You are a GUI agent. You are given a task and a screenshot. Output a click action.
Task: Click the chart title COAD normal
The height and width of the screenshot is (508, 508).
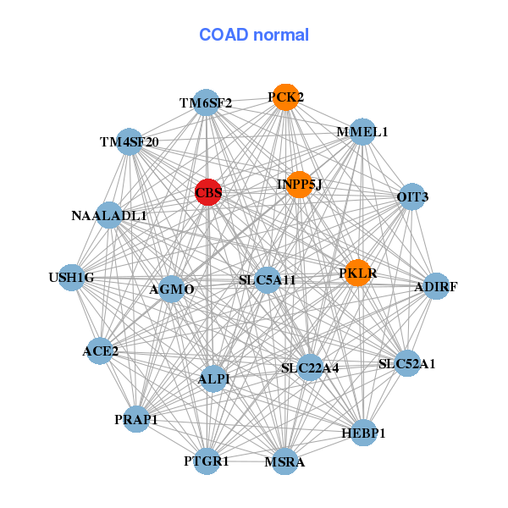(x=254, y=35)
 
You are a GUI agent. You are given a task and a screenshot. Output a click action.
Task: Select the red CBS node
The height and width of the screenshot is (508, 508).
(x=208, y=192)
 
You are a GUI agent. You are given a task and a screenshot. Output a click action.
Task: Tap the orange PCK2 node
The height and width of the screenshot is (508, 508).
(x=285, y=97)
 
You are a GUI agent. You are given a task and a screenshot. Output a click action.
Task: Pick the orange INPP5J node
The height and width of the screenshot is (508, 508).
(x=300, y=184)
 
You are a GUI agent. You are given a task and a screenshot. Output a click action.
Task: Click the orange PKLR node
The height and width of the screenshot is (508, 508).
(x=357, y=273)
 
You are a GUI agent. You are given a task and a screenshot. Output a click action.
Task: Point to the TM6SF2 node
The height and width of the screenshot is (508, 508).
(x=206, y=103)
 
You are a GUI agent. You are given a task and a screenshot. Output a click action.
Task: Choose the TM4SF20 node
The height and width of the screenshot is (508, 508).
(x=129, y=141)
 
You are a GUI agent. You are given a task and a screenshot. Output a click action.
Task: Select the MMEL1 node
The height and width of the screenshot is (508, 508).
(x=362, y=131)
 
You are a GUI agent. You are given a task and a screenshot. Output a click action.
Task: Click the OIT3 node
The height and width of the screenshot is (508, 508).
(x=411, y=197)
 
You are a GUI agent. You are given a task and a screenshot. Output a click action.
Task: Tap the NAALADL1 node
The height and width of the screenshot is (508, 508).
(x=109, y=216)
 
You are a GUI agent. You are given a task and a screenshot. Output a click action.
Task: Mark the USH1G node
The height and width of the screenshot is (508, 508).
(x=72, y=278)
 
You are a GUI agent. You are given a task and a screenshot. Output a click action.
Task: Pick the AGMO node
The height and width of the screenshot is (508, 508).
(x=172, y=289)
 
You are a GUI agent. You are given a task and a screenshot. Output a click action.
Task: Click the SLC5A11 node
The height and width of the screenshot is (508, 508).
(x=267, y=280)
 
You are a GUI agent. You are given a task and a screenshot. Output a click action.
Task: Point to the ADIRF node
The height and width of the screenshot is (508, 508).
(x=435, y=287)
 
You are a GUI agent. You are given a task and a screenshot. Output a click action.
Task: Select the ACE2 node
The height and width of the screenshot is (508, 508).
(x=100, y=351)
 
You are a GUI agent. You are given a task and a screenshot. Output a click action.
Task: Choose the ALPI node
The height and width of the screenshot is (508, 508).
(x=213, y=378)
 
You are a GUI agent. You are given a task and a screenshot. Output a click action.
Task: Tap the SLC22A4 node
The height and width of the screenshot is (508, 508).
(x=310, y=367)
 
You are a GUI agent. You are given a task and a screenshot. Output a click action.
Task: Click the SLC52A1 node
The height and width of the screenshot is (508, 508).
(x=406, y=364)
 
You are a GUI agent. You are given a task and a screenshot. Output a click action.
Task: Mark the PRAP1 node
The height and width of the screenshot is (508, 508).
(x=136, y=418)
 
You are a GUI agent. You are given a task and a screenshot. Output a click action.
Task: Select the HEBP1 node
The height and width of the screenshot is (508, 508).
(x=363, y=433)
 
